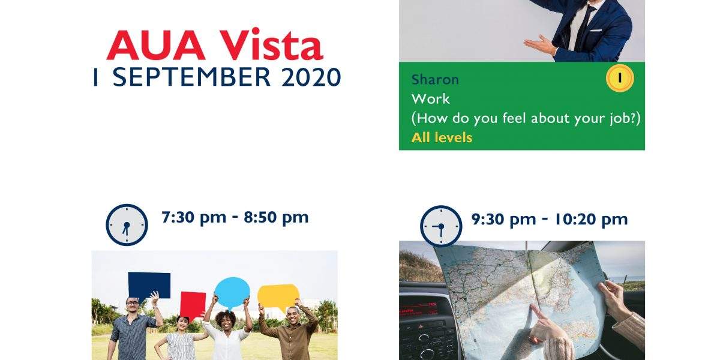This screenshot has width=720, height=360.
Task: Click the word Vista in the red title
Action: point(271,44)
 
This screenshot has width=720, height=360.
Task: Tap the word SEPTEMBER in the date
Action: point(191,77)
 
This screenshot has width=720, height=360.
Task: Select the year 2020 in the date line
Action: point(311,77)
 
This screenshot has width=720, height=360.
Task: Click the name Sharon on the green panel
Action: point(435,79)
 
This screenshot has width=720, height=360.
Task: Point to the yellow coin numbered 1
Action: point(620,78)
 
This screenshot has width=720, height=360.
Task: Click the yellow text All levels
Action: point(442,137)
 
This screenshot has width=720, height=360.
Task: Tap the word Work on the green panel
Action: point(430,98)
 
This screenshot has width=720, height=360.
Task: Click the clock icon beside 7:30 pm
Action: point(127,224)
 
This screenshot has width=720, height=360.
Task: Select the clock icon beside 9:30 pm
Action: point(441,226)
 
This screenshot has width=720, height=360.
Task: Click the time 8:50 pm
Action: point(276,218)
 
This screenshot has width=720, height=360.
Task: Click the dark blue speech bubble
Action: point(149,286)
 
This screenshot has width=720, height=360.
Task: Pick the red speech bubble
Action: point(193,305)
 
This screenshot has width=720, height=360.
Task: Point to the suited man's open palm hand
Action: point(540,46)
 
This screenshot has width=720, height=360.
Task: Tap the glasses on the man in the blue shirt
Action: point(133,303)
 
